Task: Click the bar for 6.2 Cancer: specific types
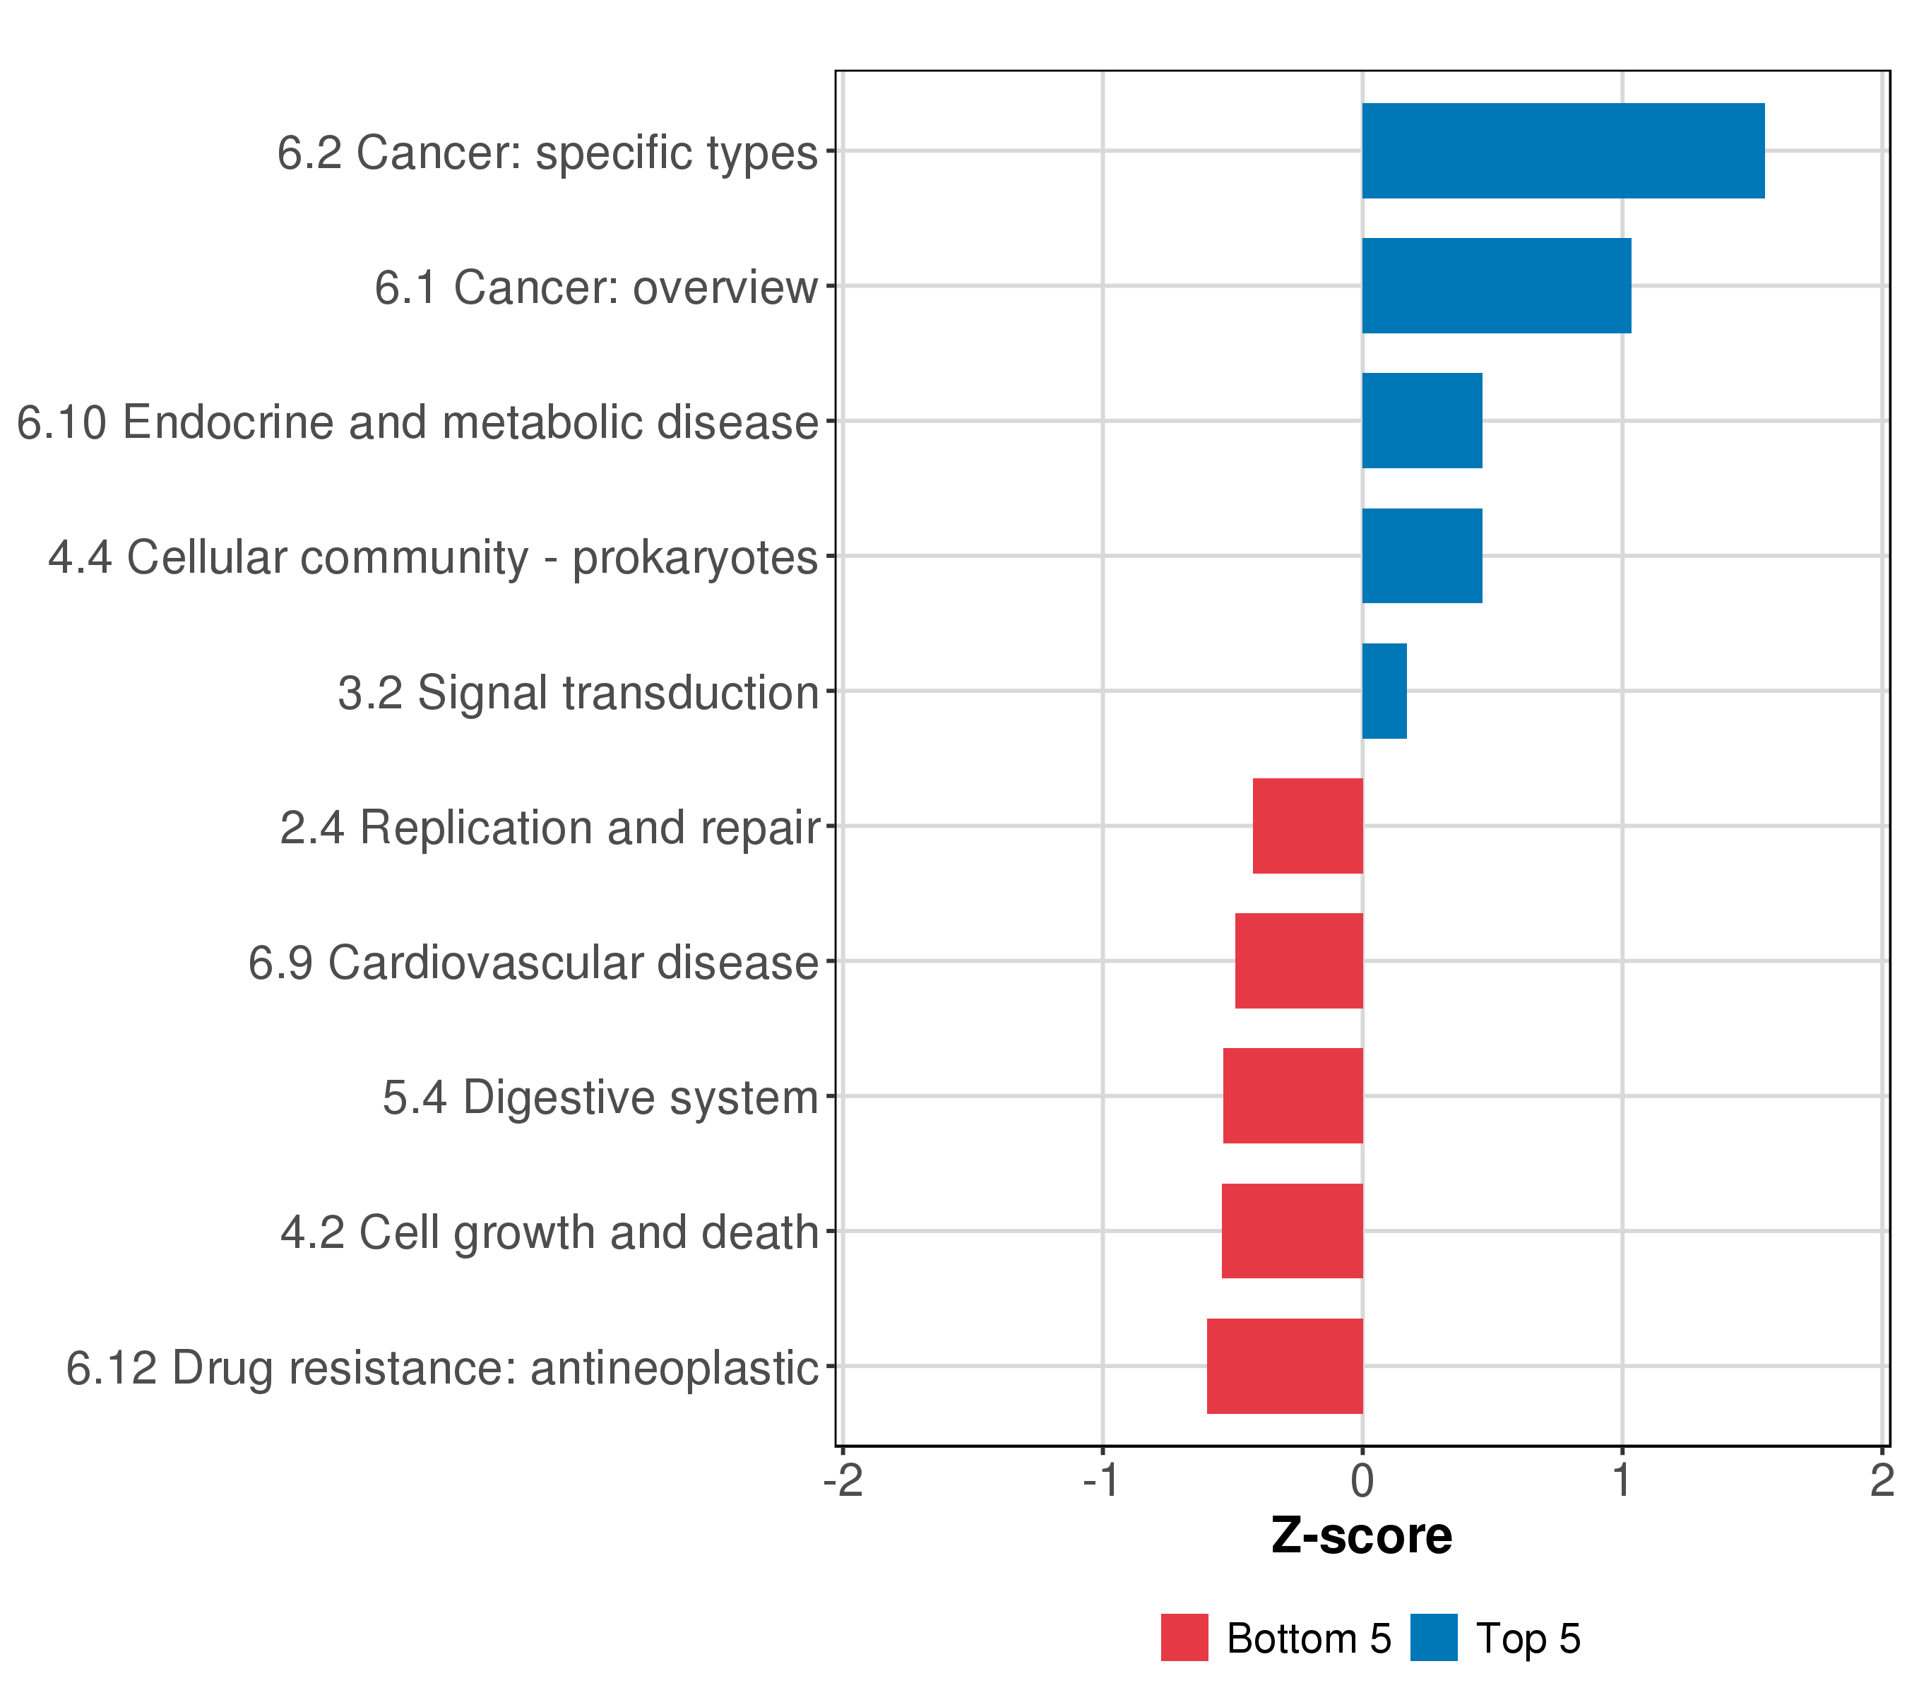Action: [1563, 151]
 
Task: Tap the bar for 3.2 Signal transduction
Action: [1384, 691]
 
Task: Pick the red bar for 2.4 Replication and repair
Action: [1307, 826]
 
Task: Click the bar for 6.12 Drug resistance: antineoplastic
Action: [1284, 1366]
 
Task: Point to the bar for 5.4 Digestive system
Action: [1293, 1095]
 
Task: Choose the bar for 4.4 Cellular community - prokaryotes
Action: [1421, 556]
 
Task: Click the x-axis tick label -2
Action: [843, 1480]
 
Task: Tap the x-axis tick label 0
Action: [1362, 1480]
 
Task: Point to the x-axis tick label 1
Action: [1622, 1480]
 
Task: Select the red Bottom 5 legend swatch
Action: [1184, 1637]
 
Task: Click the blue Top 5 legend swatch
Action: [1433, 1637]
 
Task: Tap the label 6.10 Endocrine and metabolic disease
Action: [417, 422]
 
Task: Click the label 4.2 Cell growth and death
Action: [549, 1232]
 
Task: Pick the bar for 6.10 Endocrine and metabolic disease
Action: [1421, 421]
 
